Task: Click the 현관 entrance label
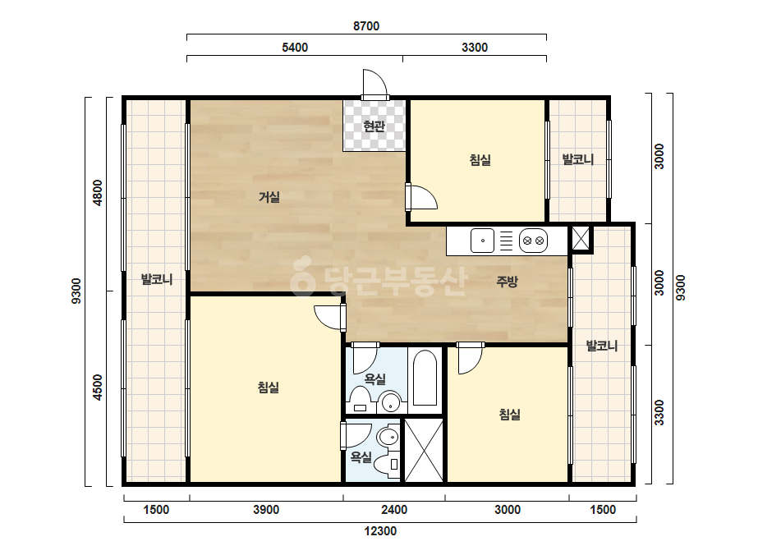[x=374, y=126]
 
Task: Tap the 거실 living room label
[x=269, y=197]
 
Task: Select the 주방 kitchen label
[x=507, y=282]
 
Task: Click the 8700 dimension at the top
[x=366, y=26]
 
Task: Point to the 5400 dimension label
[x=295, y=48]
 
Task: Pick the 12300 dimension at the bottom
[x=380, y=531]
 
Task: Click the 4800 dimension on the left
[x=98, y=193]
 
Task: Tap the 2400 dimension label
[x=394, y=510]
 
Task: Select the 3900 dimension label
[x=266, y=510]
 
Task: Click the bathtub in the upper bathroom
[x=425, y=378]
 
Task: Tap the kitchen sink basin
[x=482, y=241]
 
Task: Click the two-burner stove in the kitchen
[x=533, y=241]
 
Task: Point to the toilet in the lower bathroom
[x=388, y=465]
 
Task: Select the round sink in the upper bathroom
[x=389, y=401]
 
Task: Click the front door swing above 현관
[x=375, y=84]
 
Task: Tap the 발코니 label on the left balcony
[x=157, y=279]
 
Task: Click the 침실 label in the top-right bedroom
[x=480, y=159]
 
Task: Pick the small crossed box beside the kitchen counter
[x=581, y=238]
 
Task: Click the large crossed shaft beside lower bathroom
[x=424, y=450]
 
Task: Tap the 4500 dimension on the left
[x=98, y=388]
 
